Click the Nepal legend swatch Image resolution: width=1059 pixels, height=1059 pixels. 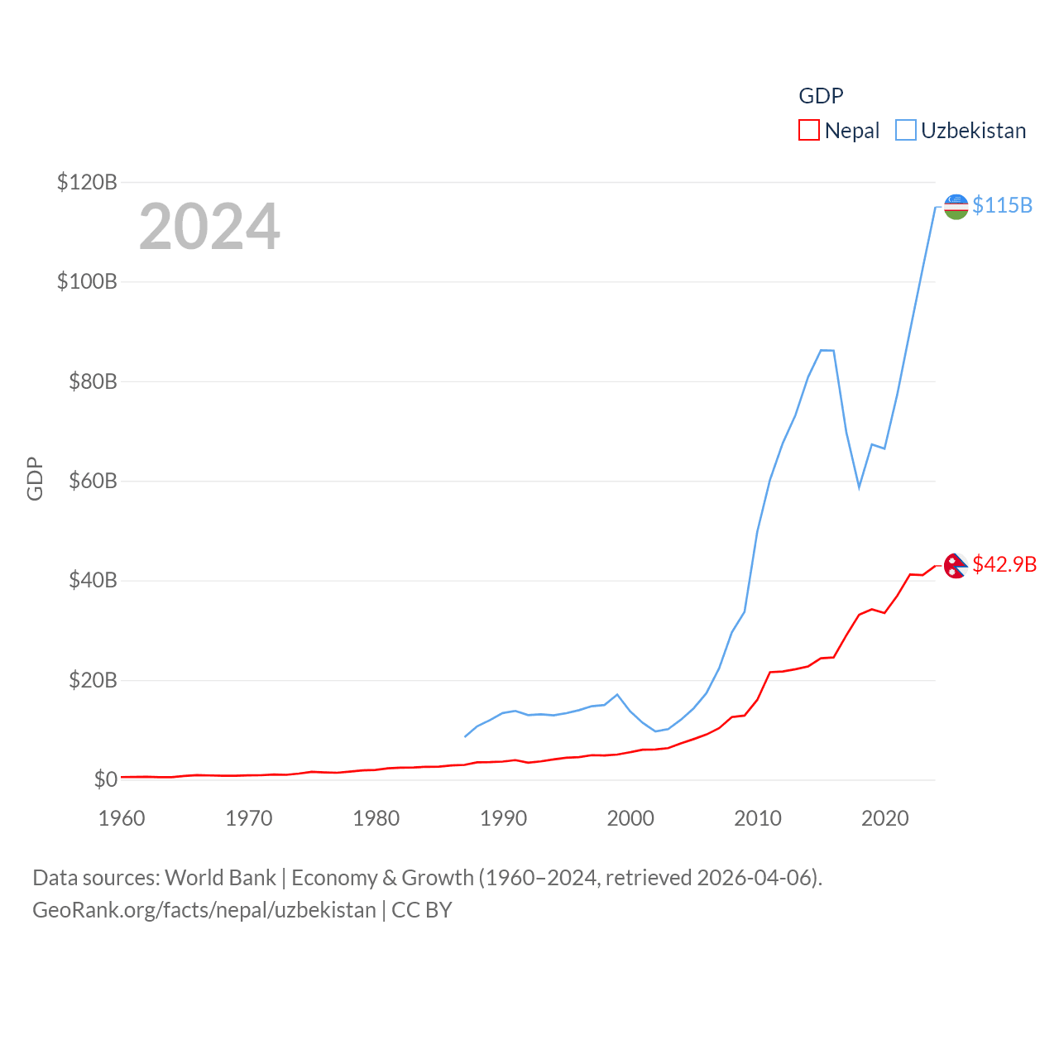point(808,131)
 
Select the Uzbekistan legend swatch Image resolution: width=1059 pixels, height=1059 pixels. point(906,131)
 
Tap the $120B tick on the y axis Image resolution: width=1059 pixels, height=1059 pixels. point(87,182)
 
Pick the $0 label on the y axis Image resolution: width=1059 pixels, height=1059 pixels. point(105,779)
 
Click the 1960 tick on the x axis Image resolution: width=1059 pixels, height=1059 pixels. point(122,818)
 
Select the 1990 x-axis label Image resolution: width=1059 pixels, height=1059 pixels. point(503,818)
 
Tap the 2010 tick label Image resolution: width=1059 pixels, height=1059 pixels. point(758,818)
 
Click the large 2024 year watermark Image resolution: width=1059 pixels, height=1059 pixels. point(209,227)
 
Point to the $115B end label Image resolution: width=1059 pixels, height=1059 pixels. point(1002,205)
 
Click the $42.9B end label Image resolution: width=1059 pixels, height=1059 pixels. point(1004,564)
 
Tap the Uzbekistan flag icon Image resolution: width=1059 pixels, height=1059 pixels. point(956,207)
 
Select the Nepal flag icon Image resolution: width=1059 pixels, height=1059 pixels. point(956,566)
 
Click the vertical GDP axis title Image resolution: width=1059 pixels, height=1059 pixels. point(35,478)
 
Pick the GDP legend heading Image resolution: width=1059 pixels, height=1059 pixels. point(821,96)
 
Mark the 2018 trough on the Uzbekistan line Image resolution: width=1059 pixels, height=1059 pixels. point(860,487)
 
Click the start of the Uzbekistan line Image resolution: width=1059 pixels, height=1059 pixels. point(465,736)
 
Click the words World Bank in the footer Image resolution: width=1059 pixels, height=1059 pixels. point(220,877)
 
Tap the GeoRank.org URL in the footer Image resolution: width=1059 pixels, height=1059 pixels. point(204,910)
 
